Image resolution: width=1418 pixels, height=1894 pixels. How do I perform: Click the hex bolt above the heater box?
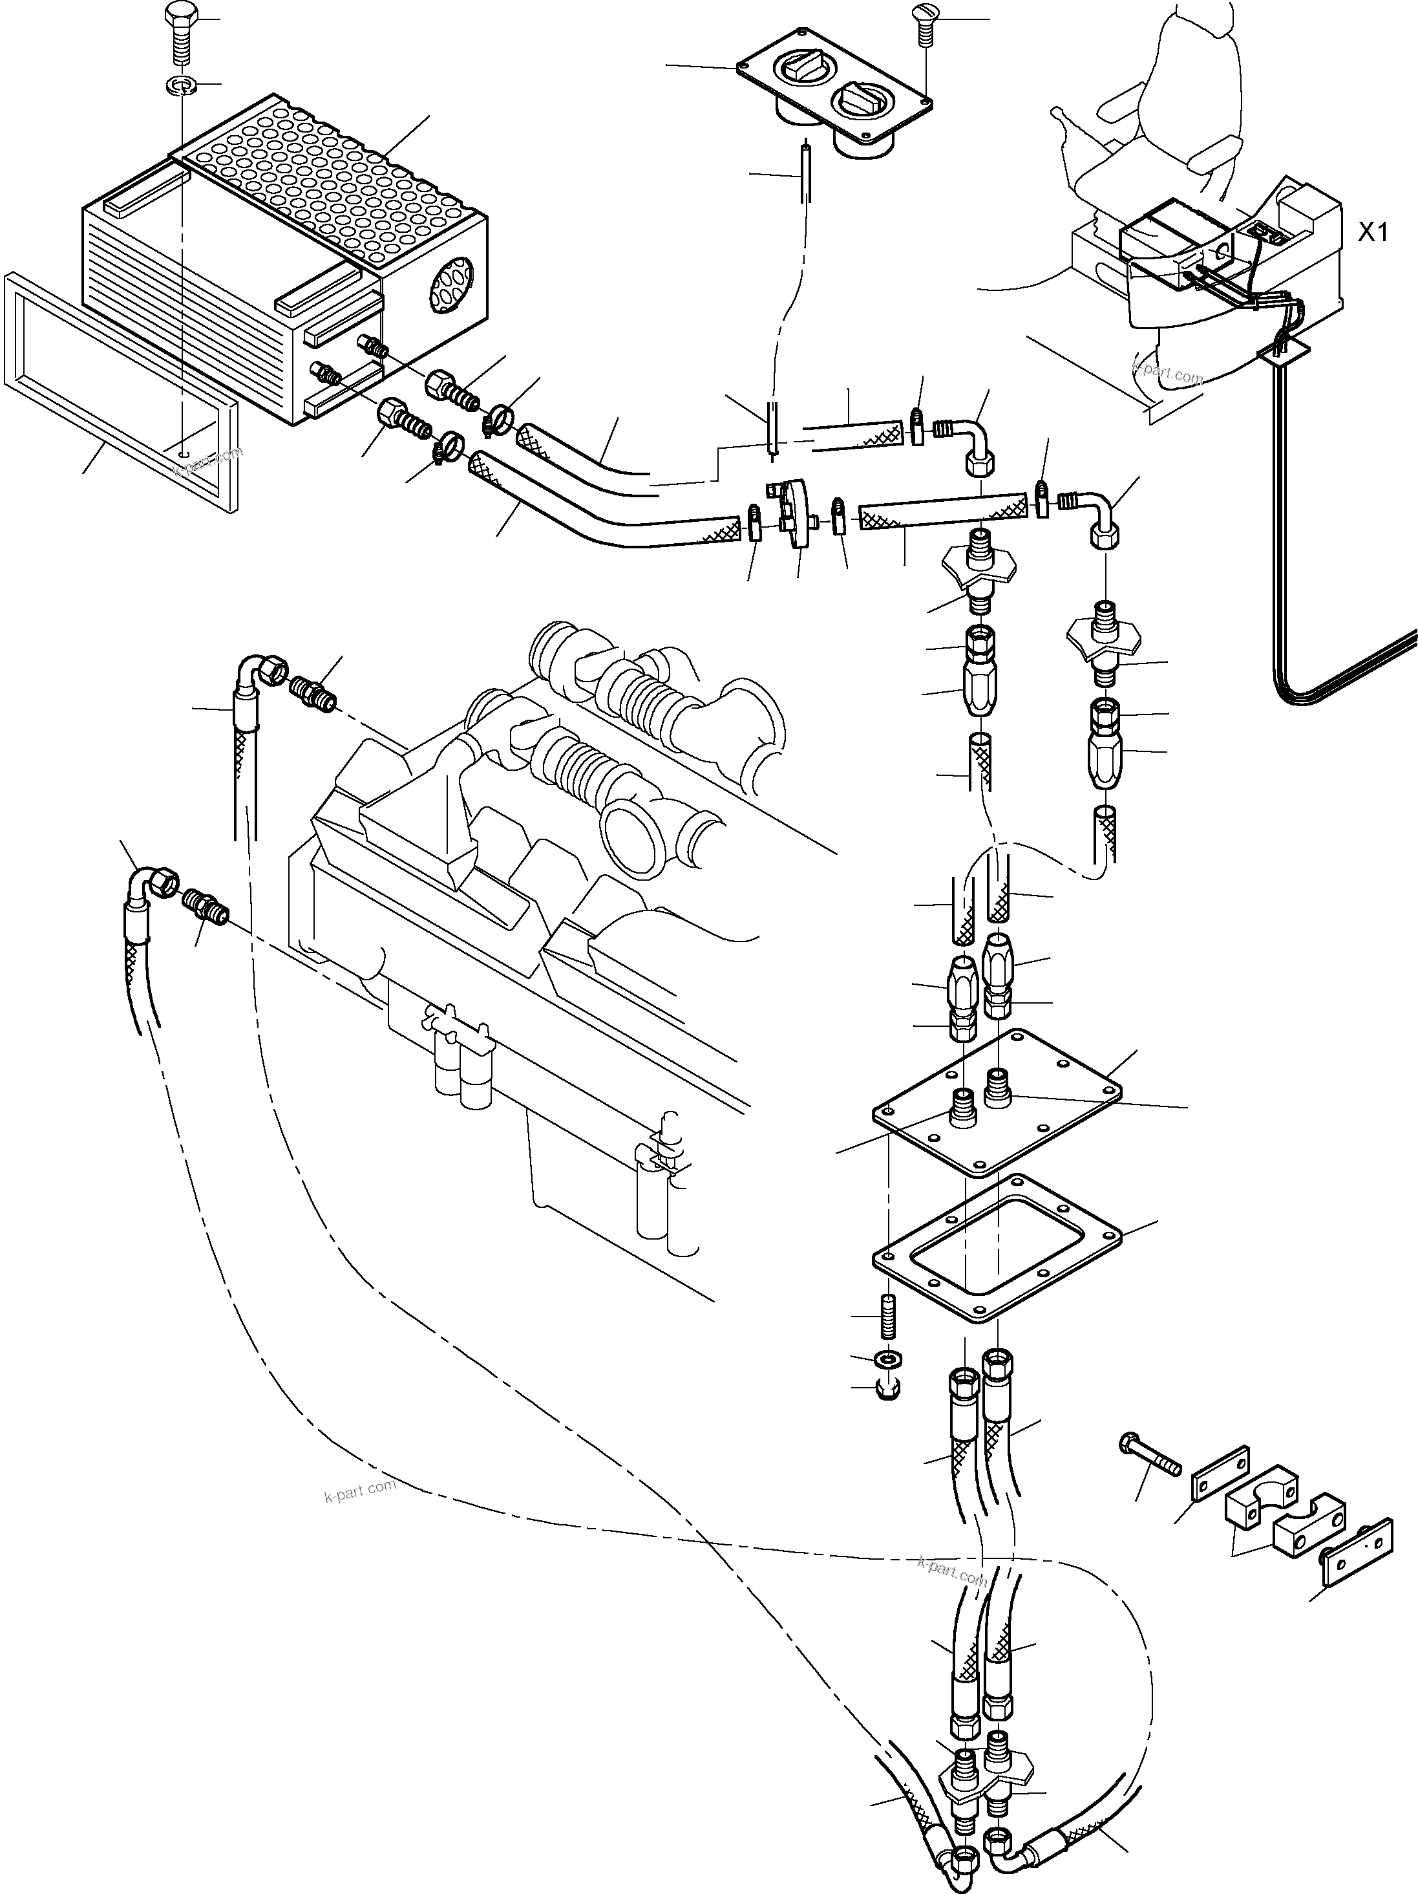tap(180, 39)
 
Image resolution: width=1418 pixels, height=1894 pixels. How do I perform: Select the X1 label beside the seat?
tap(1373, 233)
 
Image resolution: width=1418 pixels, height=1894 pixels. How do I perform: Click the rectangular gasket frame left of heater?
tap(120, 389)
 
